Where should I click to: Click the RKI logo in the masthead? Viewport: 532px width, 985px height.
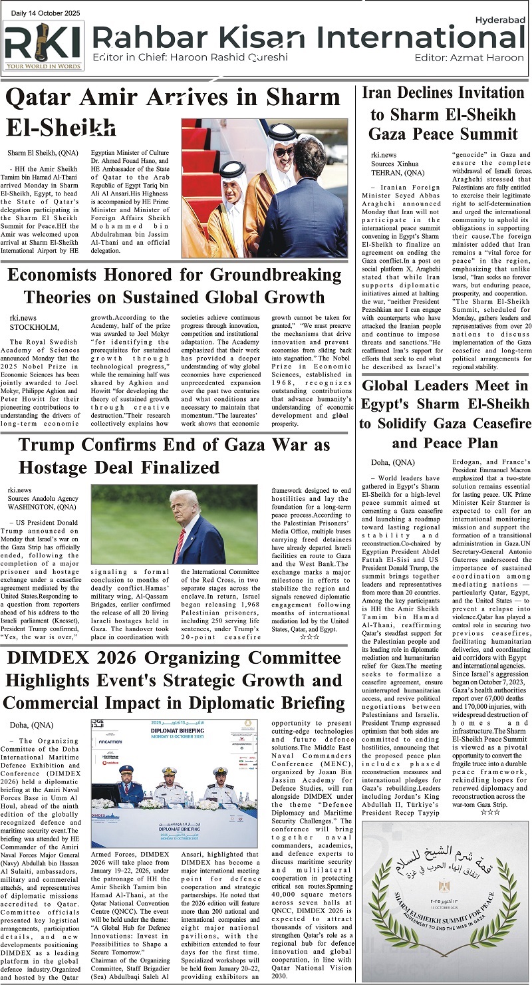(x=43, y=45)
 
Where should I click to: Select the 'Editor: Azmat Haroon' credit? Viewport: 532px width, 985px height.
(x=468, y=58)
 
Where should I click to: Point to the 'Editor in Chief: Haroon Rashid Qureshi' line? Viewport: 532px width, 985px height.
(x=181, y=58)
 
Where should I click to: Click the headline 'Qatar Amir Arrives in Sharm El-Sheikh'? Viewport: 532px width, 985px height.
(x=173, y=112)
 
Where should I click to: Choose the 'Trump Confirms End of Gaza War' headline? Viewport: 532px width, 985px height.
(x=175, y=456)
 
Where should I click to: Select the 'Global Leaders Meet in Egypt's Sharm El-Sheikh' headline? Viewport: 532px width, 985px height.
(x=444, y=414)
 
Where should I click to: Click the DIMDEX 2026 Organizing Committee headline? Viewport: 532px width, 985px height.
(x=174, y=682)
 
